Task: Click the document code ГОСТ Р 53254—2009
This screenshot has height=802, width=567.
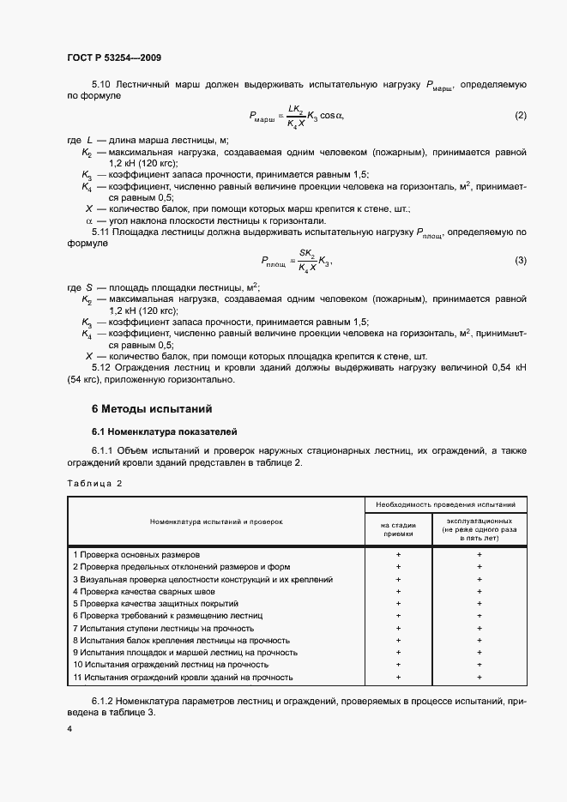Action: point(114,57)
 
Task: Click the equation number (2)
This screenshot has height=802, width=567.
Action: point(520,116)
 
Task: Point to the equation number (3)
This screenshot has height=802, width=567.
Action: point(520,261)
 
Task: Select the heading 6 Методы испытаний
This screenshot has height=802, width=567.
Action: point(152,408)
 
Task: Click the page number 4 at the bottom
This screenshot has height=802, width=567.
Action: point(69,729)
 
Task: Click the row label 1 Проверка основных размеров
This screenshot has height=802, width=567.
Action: point(136,555)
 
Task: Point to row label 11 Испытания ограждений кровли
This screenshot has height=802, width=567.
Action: point(184,677)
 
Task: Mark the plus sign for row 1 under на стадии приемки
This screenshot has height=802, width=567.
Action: point(398,555)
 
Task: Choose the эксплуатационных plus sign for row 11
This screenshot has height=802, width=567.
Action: point(480,677)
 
